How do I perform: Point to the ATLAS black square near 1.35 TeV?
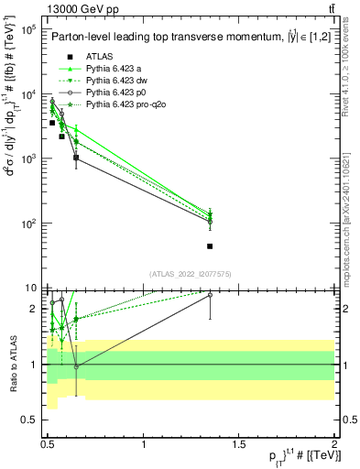point(211,245)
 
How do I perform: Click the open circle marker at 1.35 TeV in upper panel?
point(211,222)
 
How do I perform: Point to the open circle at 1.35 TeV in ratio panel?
point(211,295)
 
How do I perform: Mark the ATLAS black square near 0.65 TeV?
point(76,158)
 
